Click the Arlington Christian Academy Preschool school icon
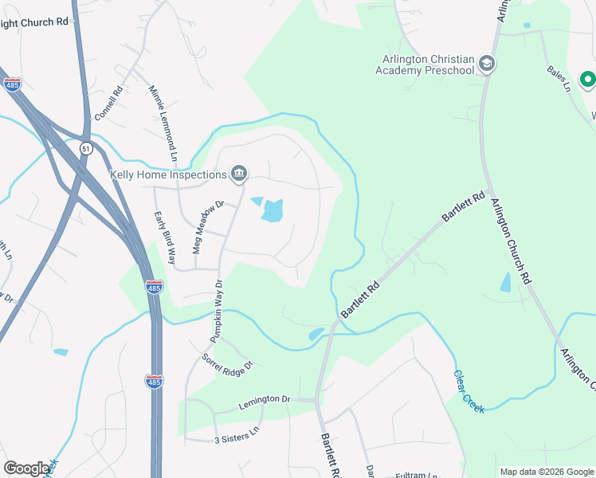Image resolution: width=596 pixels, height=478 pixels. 488,64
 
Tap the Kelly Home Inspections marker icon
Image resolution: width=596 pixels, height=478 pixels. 238,174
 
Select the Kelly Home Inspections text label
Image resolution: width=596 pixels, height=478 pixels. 168,174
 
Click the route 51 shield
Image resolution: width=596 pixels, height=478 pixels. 86,148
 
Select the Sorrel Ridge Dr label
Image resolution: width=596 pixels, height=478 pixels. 227,364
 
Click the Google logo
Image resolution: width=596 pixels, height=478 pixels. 26,468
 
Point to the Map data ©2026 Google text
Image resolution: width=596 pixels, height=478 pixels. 546,472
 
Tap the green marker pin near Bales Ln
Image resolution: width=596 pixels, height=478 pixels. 587,80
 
